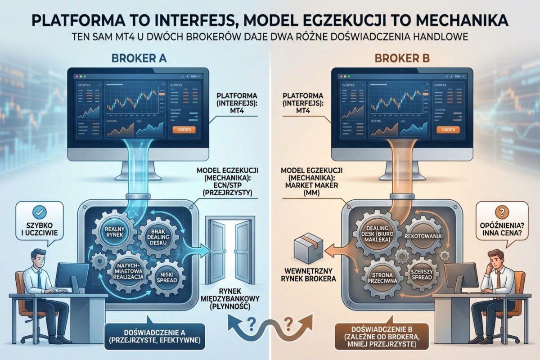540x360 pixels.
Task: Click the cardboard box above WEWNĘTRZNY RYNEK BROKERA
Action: click(304, 248)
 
